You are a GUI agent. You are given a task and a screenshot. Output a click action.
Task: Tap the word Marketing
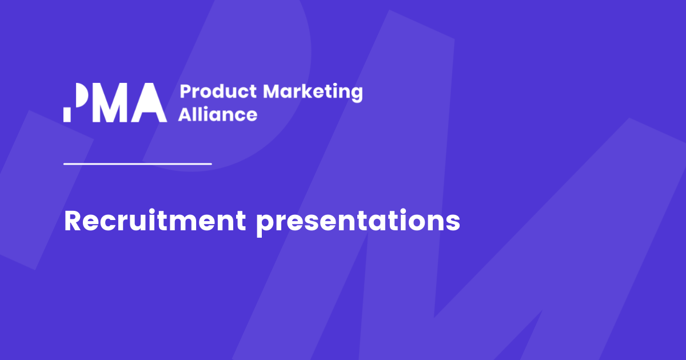313,93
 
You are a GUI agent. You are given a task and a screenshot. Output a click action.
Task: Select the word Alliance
218,114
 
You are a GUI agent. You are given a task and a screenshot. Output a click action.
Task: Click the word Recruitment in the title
155,221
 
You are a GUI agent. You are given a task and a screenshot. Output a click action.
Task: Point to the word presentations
358,222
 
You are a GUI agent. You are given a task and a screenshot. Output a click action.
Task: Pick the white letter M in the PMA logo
114,102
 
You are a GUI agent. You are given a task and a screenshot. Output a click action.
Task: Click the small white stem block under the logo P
67,115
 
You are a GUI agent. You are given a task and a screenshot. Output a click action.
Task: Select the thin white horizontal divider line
138,164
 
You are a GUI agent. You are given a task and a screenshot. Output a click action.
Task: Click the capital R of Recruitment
73,221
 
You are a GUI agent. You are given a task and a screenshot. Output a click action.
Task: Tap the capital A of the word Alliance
186,114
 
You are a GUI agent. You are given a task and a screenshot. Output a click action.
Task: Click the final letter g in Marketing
357,95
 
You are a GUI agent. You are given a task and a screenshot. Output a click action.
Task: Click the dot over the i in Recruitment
153,211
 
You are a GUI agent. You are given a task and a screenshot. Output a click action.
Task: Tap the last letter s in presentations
453,223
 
